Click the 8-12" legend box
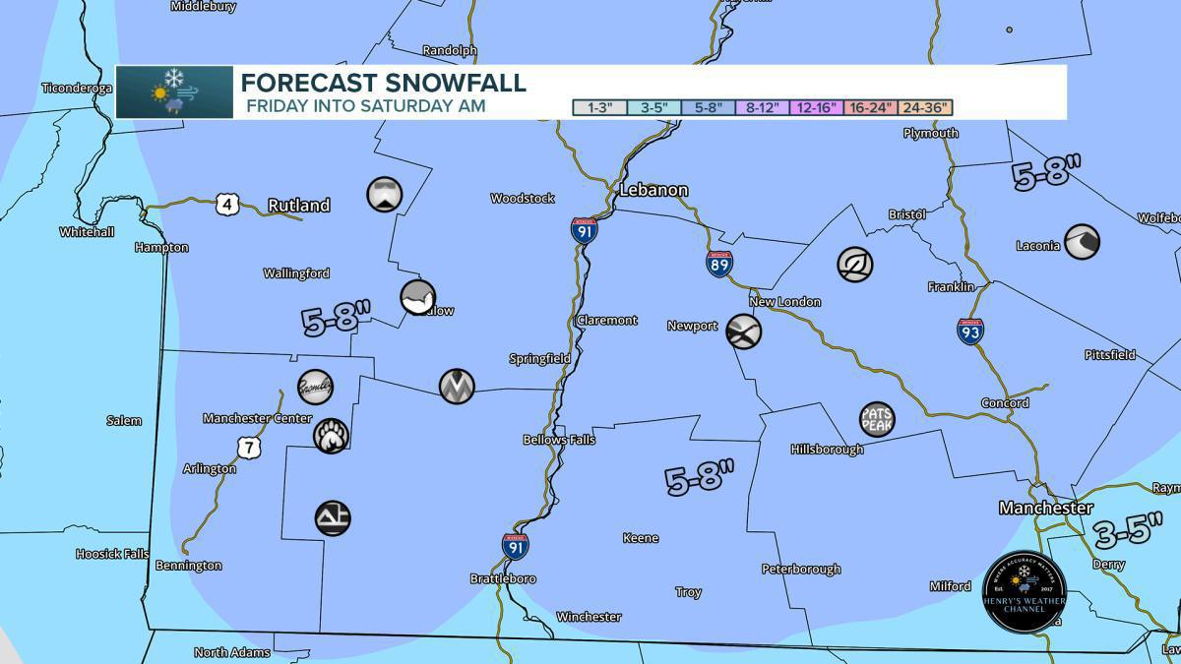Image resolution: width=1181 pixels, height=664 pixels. (762, 107)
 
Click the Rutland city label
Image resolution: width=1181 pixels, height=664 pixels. (298, 206)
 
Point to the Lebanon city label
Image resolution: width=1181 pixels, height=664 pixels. (653, 190)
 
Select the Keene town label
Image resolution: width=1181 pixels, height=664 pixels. (641, 538)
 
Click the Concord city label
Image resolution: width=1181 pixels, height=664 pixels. (1005, 403)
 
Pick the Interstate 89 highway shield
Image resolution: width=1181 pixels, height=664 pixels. (718, 264)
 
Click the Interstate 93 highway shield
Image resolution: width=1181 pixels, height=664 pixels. (970, 331)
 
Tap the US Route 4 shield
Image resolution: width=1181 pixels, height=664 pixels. (228, 205)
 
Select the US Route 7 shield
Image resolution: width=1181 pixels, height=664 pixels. (249, 448)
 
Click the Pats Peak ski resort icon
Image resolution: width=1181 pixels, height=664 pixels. (876, 419)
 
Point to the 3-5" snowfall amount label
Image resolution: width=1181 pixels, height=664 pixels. (1122, 532)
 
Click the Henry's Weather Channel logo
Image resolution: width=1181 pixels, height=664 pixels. (1024, 591)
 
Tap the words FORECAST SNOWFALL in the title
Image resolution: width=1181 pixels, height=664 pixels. (384, 83)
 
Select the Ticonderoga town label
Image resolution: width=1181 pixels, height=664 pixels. (77, 89)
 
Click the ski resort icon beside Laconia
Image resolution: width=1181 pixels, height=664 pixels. (1082, 241)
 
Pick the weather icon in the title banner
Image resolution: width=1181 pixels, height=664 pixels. (174, 92)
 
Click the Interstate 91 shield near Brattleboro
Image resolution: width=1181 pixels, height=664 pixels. (514, 547)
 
